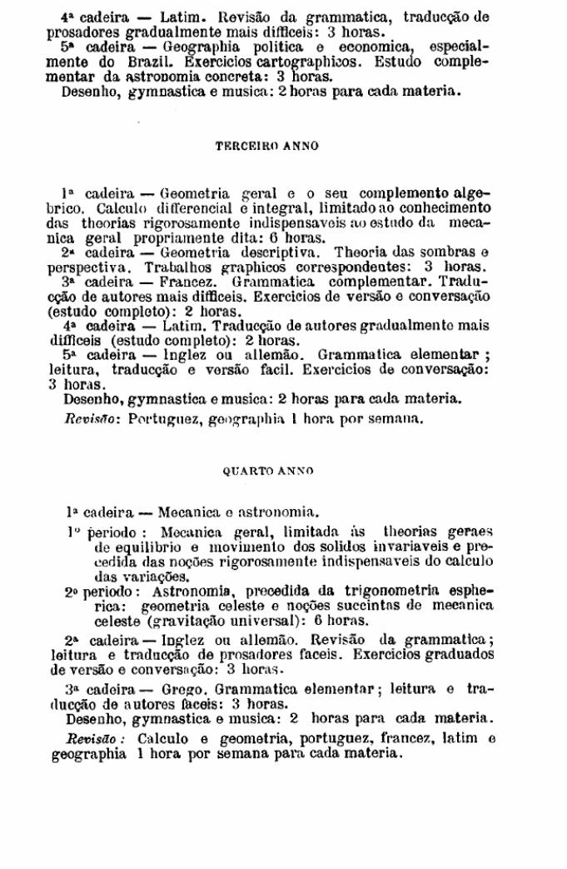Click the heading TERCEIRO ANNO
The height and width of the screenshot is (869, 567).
coord(266,146)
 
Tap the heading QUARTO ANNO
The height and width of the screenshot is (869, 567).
coord(268,471)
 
